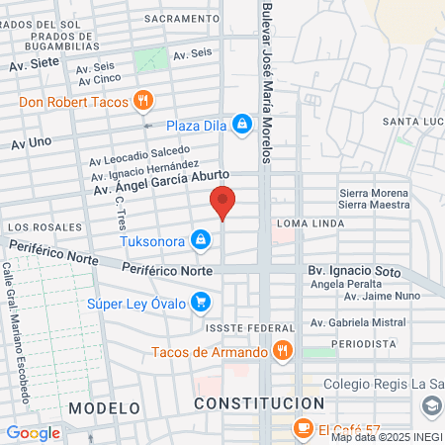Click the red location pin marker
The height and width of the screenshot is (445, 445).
223,203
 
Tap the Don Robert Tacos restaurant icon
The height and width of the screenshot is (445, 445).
143,100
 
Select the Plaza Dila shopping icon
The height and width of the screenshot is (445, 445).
240,124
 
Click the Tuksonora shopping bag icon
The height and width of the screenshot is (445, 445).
201,239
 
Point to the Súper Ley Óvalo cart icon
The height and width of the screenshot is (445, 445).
201,302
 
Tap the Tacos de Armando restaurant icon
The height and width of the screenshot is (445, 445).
283,351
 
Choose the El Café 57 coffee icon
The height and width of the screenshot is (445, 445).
304,427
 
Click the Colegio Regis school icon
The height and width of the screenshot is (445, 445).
431,406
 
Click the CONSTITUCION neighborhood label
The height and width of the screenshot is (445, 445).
259,403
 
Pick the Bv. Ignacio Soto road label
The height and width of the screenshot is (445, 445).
351,269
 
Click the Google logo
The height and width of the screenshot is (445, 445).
34,432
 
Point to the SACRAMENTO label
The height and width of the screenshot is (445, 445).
180,19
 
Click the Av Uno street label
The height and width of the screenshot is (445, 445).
31,143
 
